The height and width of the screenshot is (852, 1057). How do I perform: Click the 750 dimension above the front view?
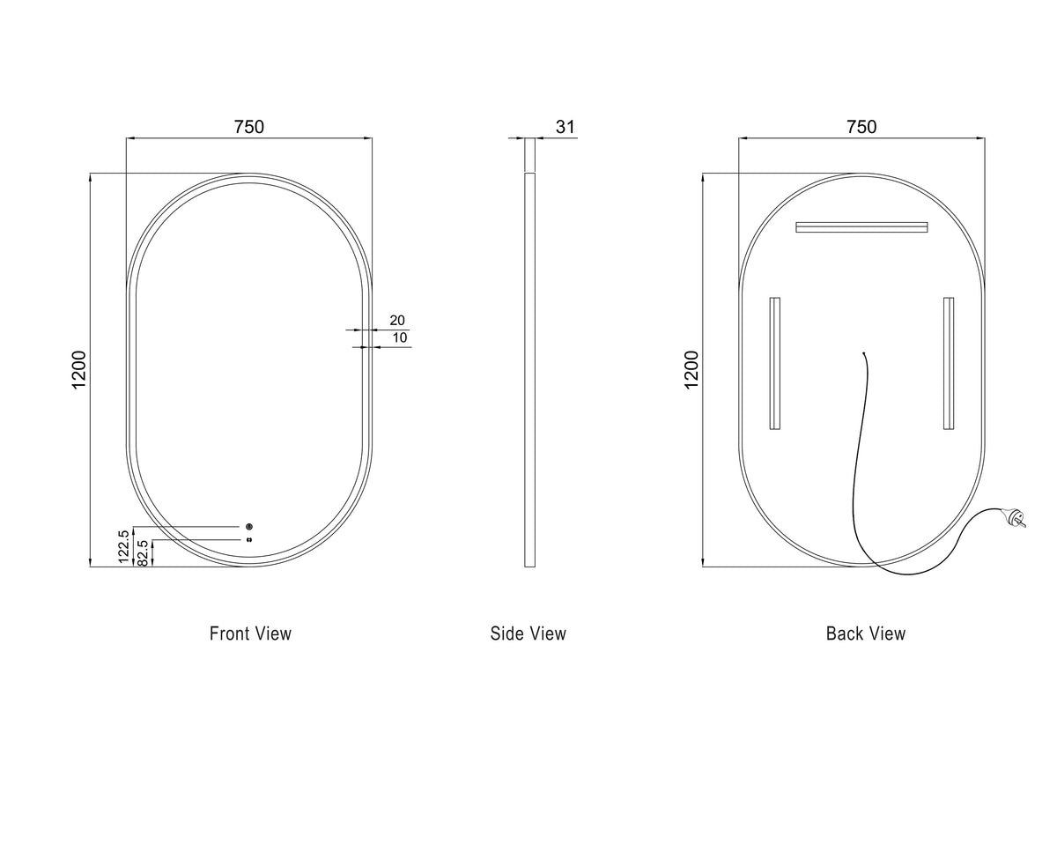(249, 127)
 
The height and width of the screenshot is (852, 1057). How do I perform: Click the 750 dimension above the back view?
(861, 127)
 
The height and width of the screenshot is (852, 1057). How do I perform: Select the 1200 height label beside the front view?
(79, 370)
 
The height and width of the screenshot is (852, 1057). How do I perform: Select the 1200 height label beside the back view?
(691, 370)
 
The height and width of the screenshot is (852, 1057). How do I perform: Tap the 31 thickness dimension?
(565, 127)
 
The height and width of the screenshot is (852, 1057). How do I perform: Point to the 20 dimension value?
(397, 321)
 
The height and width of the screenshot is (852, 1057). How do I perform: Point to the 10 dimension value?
(400, 337)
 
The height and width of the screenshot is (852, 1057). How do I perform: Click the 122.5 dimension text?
(123, 546)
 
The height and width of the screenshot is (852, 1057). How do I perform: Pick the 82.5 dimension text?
(143, 552)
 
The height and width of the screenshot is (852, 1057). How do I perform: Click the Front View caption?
(250, 633)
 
